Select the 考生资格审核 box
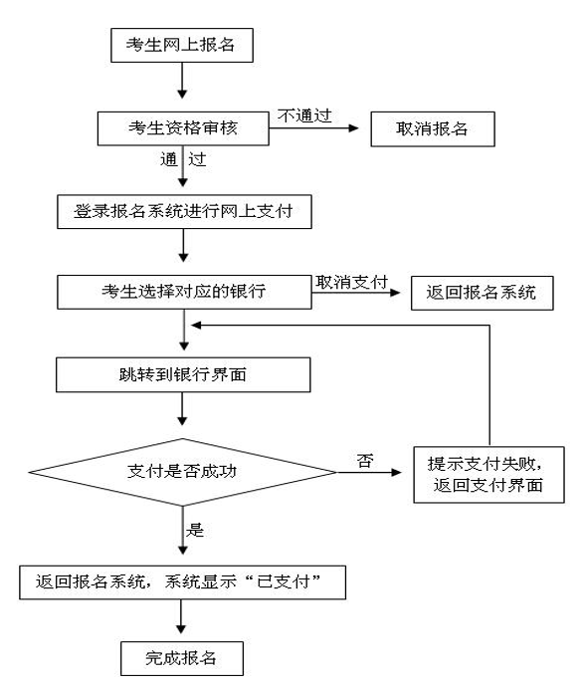tap(181, 128)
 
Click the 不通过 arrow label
tap(302, 115)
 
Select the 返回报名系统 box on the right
tap(480, 295)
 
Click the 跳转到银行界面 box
tap(181, 375)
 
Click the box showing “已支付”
tap(181, 582)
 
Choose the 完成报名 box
tap(181, 658)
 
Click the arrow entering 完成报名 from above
tap(181, 618)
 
